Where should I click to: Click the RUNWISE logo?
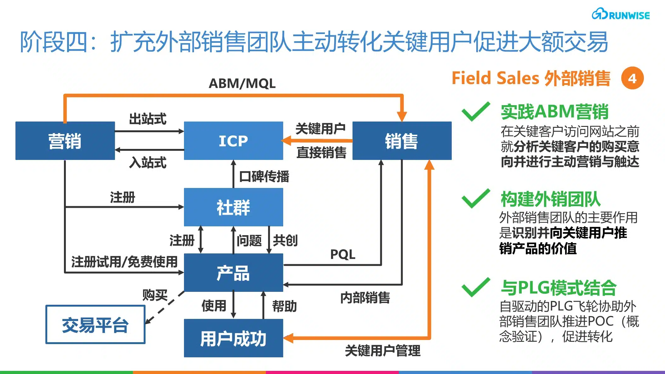[620, 14]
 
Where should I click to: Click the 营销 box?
[65, 141]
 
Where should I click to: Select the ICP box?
[233, 141]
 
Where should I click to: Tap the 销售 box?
[402, 141]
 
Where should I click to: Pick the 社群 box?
[233, 207]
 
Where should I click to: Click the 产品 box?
[233, 273]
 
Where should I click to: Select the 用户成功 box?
[233, 338]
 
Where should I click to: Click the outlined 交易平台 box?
[95, 324]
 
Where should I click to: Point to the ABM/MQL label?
[242, 83]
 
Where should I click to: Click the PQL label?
[342, 254]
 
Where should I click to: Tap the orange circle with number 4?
[632, 78]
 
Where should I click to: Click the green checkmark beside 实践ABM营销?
[476, 112]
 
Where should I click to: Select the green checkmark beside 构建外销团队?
[476, 199]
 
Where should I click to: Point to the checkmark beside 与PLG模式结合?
[476, 287]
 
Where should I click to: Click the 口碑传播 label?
[264, 176]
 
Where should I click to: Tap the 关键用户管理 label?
[382, 350]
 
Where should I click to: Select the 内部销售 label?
[365, 297]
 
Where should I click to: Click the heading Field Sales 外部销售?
[531, 78]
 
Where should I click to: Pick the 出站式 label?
[147, 119]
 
